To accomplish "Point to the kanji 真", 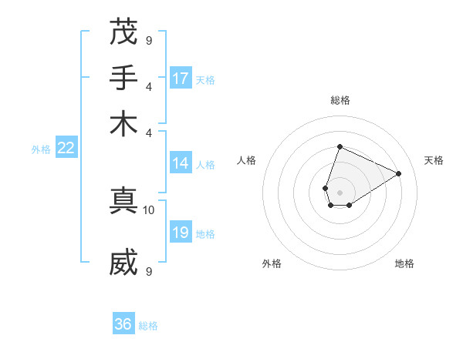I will tap(123, 200).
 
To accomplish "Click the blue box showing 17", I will tap(181, 79).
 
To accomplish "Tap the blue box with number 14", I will tap(181, 163).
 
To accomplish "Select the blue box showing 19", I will tap(181, 233).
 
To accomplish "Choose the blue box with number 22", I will tap(66, 149).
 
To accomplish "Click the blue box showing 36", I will tap(123, 324).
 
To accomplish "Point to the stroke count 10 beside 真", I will tap(149, 209).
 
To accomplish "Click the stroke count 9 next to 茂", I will tap(149, 40).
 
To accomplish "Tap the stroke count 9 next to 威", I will tap(149, 271).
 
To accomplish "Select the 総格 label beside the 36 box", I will tap(148, 326).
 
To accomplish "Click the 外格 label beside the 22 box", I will tap(41, 150).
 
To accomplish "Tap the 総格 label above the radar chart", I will tap(340, 100).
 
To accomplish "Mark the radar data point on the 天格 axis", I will tap(399, 173).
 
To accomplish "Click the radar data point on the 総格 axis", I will tap(340, 147).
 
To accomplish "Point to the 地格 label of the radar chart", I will tap(404, 263).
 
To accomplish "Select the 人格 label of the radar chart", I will tap(247, 160).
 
